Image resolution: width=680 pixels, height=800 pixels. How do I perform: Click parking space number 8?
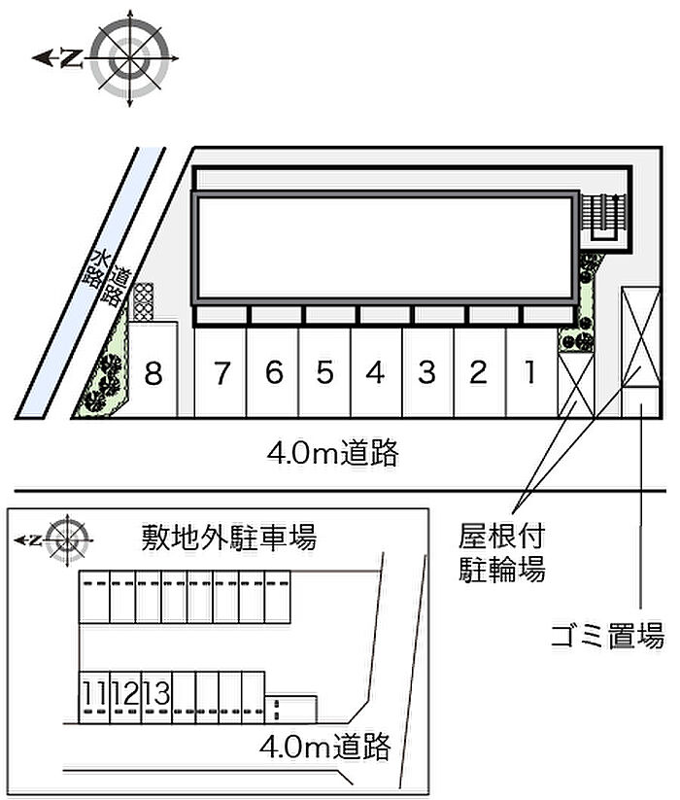pos(153,373)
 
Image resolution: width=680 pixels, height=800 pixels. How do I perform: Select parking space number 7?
pos(222,373)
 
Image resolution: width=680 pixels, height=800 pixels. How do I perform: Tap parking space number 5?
pos(325,373)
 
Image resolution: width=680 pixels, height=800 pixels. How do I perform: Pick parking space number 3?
pos(426,373)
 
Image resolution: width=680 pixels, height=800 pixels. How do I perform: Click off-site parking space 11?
pos(94,694)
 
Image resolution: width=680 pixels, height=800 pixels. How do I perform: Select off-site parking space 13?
pos(156,694)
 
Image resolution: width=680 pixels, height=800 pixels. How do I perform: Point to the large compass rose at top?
pos(130,57)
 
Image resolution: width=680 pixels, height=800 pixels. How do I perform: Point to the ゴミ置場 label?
pos(606,638)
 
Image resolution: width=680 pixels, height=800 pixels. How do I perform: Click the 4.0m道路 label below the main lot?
pos(333,452)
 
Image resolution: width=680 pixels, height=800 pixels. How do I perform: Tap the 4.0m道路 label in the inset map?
pos(325,747)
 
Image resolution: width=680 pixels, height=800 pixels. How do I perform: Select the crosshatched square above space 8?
pos(144,301)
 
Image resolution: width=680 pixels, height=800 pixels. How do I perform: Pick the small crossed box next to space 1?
pos(575,384)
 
